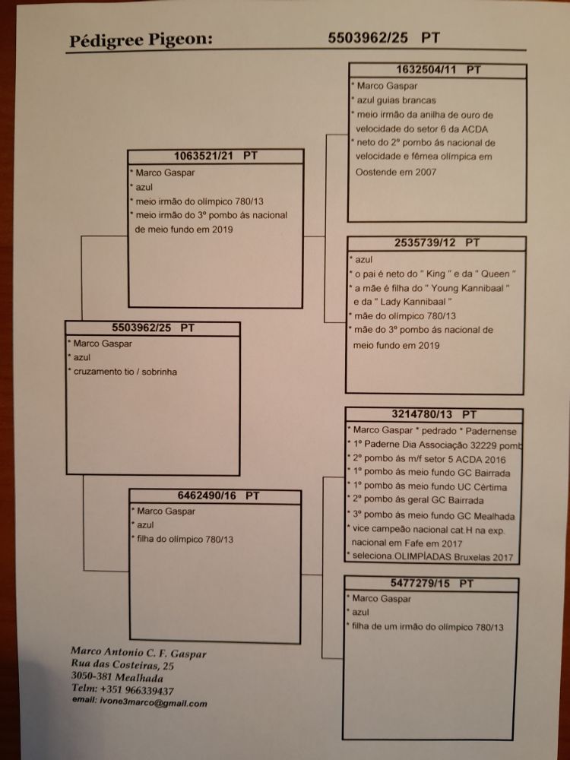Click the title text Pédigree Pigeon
pyautogui.click(x=140, y=40)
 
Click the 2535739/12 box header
pyautogui.click(x=435, y=243)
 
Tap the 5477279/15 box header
pyautogui.click(x=431, y=584)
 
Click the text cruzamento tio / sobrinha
pyautogui.click(x=126, y=372)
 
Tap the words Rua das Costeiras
pyautogui.click(x=115, y=665)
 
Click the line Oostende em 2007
pyautogui.click(x=397, y=173)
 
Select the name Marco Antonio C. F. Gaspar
pyautogui.click(x=138, y=652)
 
